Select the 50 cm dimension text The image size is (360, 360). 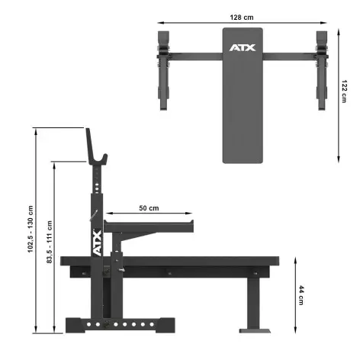click(x=149, y=207)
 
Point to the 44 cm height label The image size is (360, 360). click(x=302, y=294)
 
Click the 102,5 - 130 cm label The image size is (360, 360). click(x=31, y=229)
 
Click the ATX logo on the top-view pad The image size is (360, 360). click(x=243, y=48)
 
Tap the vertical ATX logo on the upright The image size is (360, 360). click(x=97, y=245)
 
